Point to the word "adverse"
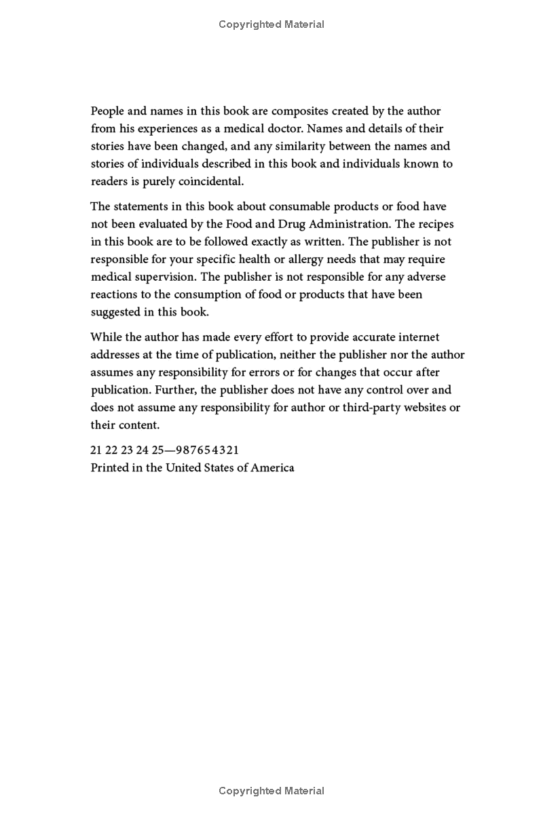click(x=427, y=277)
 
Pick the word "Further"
click(x=176, y=390)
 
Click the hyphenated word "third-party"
click(x=379, y=408)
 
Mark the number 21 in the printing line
click(x=96, y=450)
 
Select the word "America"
click(x=272, y=468)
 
